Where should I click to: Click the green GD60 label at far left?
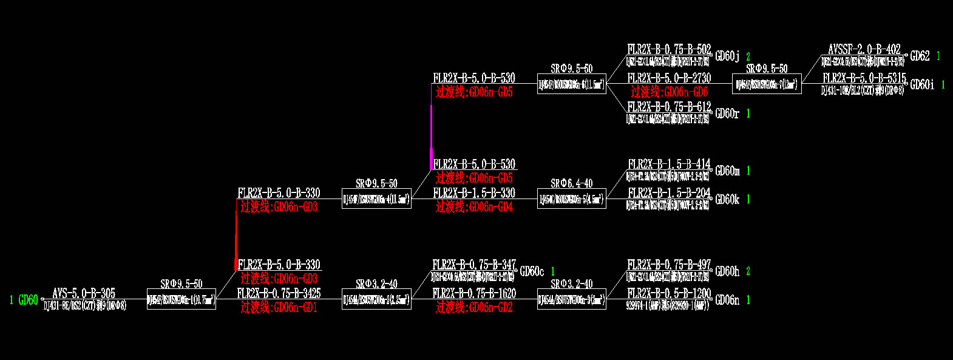coord(28,300)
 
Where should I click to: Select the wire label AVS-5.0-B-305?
coord(84,293)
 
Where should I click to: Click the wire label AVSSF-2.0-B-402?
coord(864,50)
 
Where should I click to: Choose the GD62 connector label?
coord(920,56)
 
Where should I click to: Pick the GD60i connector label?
coord(922,85)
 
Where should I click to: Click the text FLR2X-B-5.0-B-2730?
coord(669,78)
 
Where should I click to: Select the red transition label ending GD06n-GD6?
coord(669,92)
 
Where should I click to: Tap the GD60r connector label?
coord(727,114)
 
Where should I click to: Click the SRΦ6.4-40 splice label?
coord(571,183)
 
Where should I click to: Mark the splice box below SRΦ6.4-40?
coord(571,199)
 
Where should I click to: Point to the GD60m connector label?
coord(727,171)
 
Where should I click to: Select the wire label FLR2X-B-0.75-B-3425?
coord(279,293)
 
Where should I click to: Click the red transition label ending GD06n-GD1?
coord(279,307)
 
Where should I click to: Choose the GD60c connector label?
coord(532,271)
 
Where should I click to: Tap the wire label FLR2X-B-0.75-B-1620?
coord(474,293)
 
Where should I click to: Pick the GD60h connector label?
coord(727,271)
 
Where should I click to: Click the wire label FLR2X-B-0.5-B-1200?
coord(669,293)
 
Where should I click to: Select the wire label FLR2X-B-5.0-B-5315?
coord(864,78)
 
